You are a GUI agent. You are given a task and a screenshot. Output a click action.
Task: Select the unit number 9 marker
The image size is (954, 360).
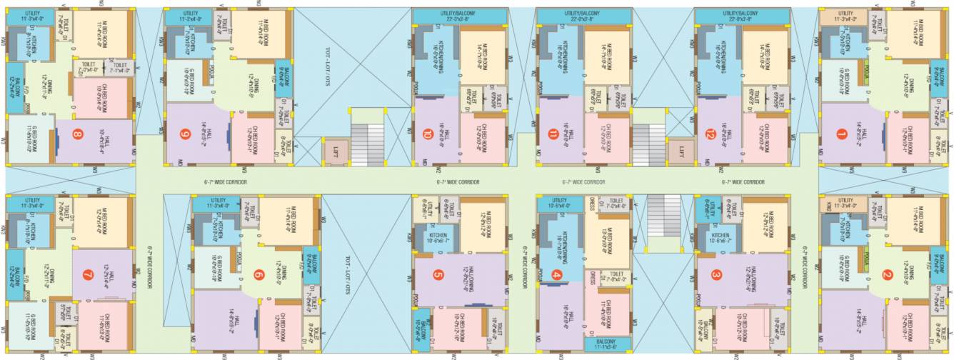[186, 133]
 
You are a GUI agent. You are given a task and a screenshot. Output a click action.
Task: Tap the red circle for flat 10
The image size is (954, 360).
[427, 133]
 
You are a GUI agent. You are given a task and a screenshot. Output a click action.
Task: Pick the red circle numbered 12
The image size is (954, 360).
[711, 134]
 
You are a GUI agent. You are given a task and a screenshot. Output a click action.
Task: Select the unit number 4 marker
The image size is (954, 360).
[558, 274]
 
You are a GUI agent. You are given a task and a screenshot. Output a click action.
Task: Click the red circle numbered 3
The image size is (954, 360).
[716, 274]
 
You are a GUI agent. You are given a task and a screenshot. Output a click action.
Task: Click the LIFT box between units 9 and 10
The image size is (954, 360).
[335, 151]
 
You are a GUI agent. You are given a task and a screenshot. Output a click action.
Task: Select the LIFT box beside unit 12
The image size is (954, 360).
[681, 151]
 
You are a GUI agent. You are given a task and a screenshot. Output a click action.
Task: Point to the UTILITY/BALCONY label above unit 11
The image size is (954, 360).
[583, 14]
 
